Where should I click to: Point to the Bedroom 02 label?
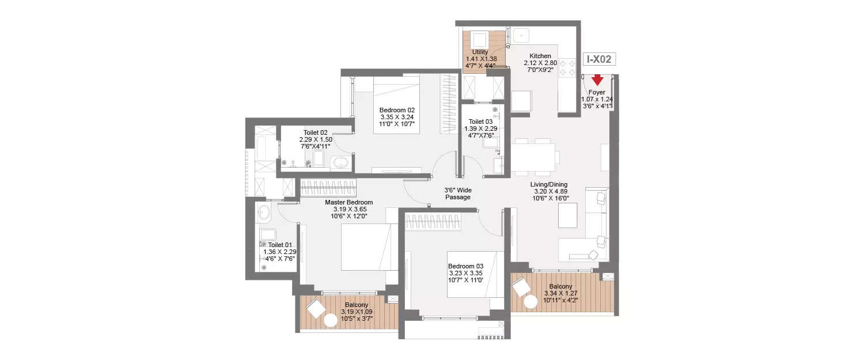click(397, 110)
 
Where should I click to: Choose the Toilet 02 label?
click(316, 132)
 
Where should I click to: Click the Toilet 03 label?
click(480, 122)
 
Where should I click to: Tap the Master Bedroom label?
click(348, 202)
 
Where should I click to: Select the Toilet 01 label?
click(279, 245)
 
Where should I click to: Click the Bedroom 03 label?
click(465, 266)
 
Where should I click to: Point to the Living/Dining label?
click(549, 185)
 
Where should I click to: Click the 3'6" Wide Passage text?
click(457, 193)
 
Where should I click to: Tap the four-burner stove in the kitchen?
click(567, 69)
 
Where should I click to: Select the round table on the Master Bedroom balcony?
click(331, 320)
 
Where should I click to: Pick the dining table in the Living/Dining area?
click(535, 156)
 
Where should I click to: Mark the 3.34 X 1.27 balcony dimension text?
click(560, 293)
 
